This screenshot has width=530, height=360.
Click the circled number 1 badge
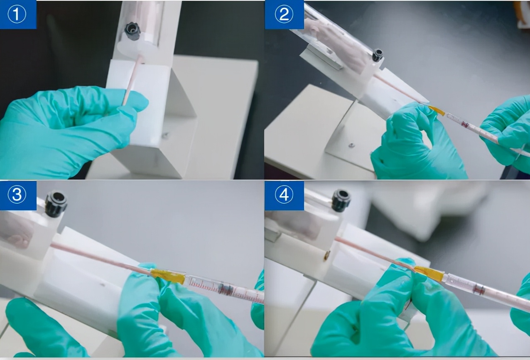[17, 15]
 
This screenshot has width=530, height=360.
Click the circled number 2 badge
[284, 15]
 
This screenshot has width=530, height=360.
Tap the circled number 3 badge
[17, 195]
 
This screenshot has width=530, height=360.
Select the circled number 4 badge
[284, 195]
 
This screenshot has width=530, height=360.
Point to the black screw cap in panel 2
[377, 55]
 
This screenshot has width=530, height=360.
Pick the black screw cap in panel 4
[341, 200]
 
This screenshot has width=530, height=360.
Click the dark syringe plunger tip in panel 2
[465, 124]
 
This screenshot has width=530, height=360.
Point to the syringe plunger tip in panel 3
[225, 289]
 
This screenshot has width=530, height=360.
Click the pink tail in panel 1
[132, 80]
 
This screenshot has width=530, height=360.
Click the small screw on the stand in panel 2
[351, 145]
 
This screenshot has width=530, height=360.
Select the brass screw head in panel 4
[327, 255]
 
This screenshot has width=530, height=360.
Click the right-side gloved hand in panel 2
[506, 133]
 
